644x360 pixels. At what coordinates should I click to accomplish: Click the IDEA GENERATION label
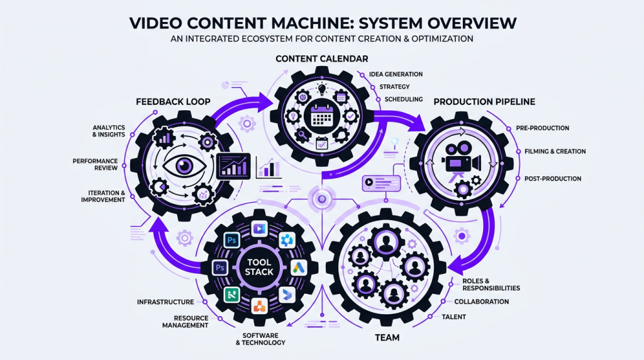tap(396, 74)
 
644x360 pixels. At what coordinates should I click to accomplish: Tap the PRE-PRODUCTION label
tap(542, 128)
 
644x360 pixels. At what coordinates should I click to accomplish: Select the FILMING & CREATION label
tap(555, 152)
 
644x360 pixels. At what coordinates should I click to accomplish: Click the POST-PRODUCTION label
tap(552, 179)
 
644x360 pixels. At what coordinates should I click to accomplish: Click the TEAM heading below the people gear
tap(387, 338)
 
